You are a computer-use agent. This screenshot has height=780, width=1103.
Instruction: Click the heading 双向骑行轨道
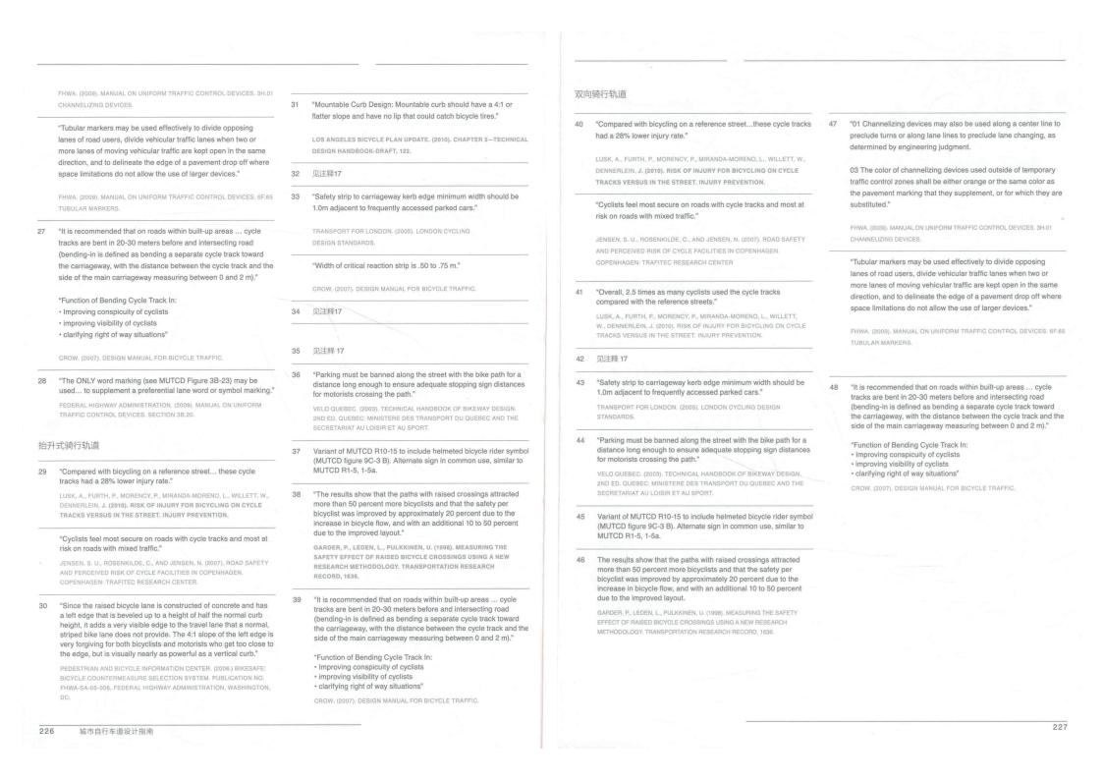pos(601,93)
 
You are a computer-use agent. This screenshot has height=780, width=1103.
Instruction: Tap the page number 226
pos(46,732)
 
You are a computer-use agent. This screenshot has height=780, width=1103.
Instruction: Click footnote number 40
pos(577,125)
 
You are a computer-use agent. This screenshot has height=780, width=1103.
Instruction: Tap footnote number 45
pos(577,517)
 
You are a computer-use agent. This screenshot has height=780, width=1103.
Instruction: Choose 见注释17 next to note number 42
pos(616,358)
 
